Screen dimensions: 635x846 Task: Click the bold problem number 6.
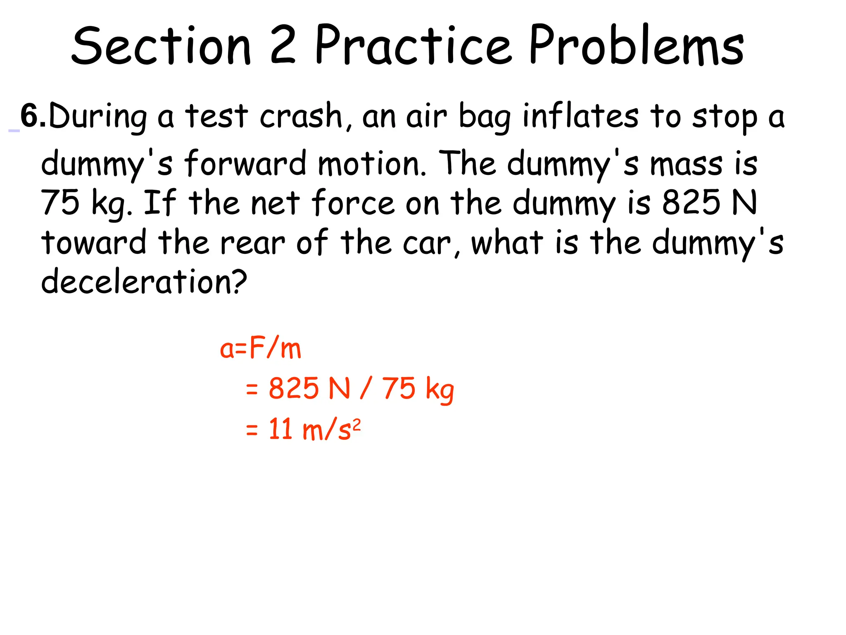click(32, 116)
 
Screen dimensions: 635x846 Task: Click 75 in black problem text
click(60, 203)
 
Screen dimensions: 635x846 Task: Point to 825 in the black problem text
click(692, 203)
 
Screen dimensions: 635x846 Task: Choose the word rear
click(252, 243)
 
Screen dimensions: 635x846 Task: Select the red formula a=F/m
click(260, 349)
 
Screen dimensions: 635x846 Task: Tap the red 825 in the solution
click(294, 389)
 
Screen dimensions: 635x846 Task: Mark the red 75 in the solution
click(398, 389)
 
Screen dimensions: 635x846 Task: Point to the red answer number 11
click(281, 429)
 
